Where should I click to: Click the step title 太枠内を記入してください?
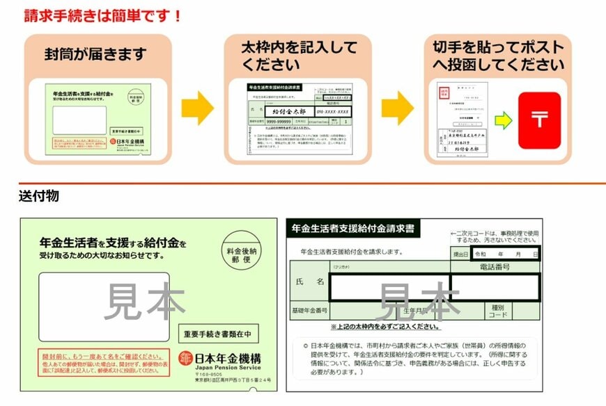299,56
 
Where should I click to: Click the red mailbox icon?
538,120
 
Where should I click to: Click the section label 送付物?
39,196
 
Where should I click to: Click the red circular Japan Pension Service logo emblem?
185,357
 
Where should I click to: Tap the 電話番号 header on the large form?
495,267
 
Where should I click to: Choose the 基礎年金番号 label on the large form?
309,309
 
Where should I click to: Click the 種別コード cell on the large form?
497,310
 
